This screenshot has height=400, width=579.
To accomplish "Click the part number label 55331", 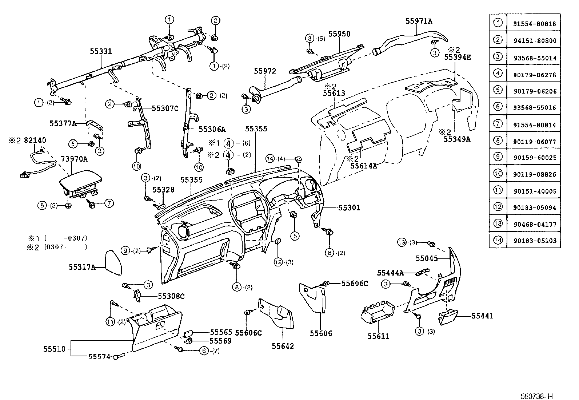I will (x=101, y=52).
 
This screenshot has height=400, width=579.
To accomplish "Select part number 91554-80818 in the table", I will (x=534, y=24).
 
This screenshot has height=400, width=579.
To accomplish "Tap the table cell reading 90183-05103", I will (x=534, y=241).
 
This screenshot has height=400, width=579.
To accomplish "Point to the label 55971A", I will (x=419, y=21).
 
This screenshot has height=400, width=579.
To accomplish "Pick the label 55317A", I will (x=82, y=268).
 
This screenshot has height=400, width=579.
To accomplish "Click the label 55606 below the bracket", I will (x=321, y=333).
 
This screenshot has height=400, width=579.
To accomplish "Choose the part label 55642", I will (x=283, y=346).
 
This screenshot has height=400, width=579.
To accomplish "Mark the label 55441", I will (x=482, y=316).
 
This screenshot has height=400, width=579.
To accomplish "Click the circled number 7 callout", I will (x=109, y=203).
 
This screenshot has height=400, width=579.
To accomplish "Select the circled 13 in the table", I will (x=498, y=223).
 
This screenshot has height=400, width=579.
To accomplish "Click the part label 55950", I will (x=339, y=34).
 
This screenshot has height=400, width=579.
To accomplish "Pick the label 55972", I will (x=265, y=71).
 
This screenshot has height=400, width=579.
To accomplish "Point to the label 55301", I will (x=349, y=208).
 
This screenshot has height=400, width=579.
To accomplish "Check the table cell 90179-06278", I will (x=534, y=75).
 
